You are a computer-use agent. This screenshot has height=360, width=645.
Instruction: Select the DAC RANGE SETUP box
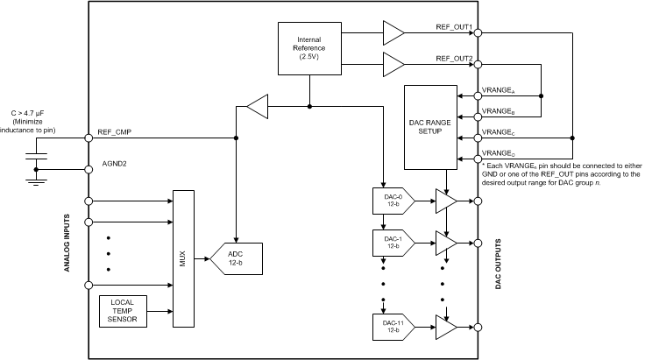click(x=429, y=127)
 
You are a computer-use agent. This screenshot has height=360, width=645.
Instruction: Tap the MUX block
click(x=183, y=258)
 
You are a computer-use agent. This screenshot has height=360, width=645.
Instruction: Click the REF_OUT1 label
click(x=454, y=26)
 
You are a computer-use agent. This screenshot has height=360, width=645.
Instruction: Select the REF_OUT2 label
click(x=454, y=58)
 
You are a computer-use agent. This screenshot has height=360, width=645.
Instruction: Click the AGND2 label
click(x=111, y=163)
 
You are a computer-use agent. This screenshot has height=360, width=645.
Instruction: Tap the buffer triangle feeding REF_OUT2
click(x=393, y=65)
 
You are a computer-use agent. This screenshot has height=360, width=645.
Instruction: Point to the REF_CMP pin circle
click(x=89, y=138)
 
